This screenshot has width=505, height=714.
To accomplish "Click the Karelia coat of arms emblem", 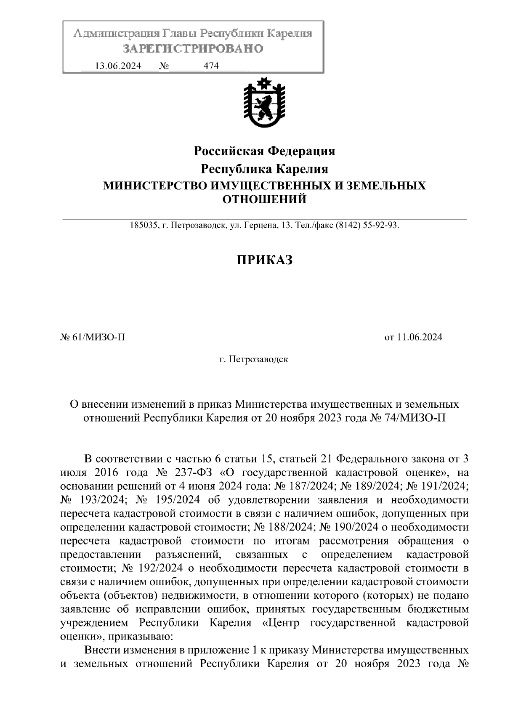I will pyautogui.click(x=264, y=103).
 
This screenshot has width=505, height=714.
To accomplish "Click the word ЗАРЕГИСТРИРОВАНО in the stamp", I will pyautogui.click(x=193, y=49).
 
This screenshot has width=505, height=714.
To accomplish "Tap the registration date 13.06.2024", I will pyautogui.click(x=118, y=66).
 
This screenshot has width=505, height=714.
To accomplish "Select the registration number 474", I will pyautogui.click(x=211, y=66).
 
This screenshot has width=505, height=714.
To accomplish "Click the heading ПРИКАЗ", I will pyautogui.click(x=264, y=260).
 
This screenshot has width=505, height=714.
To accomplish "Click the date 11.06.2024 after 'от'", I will pyautogui.click(x=420, y=337).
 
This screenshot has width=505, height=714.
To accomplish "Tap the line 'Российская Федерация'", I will pyautogui.click(x=264, y=151).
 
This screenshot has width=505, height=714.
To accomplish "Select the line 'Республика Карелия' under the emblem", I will pyautogui.click(x=264, y=169).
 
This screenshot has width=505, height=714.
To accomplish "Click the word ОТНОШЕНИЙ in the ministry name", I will pyautogui.click(x=264, y=199).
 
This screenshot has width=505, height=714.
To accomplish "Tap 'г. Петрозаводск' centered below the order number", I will pyautogui.click(x=254, y=359).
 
